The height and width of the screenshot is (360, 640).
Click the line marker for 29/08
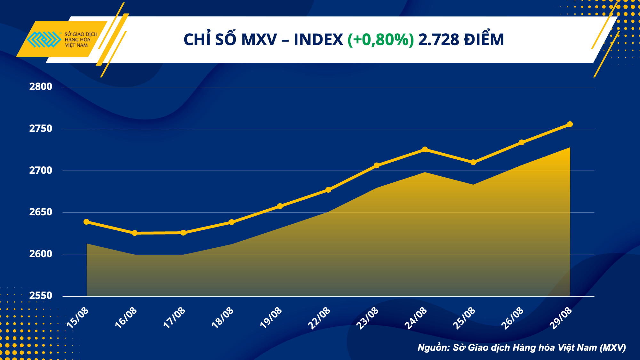570,124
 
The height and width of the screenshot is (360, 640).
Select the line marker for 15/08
86,222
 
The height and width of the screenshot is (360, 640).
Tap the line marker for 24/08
425,149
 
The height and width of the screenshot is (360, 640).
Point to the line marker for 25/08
473,162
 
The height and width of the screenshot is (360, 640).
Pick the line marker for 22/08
328,190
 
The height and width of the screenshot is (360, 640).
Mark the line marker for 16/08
135,233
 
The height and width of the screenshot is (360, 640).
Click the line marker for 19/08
280,206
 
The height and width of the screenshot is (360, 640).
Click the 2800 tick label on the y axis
41,86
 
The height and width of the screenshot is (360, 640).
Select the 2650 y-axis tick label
41,212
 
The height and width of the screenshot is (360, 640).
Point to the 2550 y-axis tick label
41,295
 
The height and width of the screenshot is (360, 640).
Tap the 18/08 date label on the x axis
223,317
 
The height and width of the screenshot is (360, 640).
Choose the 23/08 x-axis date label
368,317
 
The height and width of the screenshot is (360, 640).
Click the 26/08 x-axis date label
512,317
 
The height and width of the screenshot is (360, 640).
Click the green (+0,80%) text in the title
381,40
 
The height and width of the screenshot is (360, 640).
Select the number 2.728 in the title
439,40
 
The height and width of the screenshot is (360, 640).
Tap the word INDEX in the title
318,40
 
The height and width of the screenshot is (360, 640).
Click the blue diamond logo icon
44,39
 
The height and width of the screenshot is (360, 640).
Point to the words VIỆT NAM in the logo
76,45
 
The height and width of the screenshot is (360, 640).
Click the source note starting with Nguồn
522,348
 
